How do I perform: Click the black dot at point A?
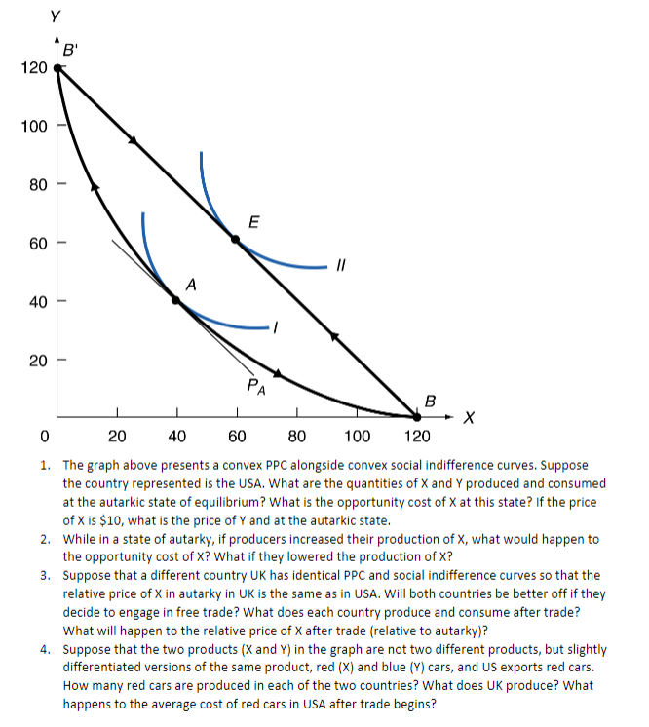tap(177, 301)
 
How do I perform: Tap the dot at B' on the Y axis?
tap(58, 68)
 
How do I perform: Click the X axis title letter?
tap(471, 418)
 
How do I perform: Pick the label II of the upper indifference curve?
tap(341, 264)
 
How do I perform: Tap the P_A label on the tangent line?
tap(254, 386)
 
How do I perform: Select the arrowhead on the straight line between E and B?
tap(334, 336)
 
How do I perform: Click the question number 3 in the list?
tap(46, 575)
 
